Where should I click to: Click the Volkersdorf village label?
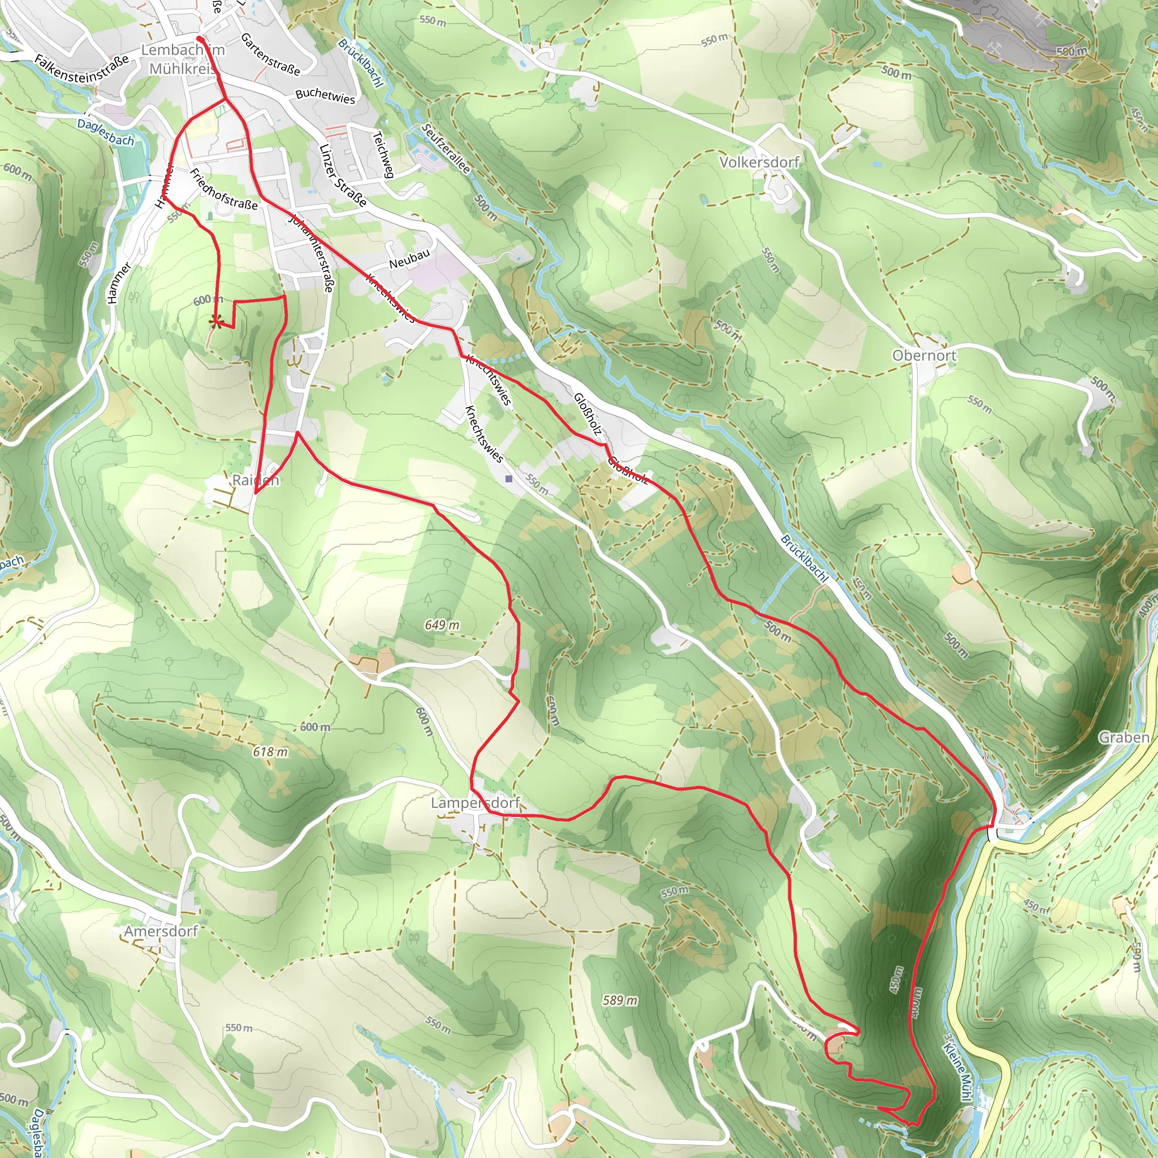pos(759,162)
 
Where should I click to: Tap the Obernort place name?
pos(924,356)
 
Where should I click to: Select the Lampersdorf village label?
pos(476,802)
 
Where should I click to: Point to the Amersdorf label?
pos(161,931)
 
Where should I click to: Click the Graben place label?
pos(1124,737)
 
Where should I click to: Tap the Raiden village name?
pos(256,480)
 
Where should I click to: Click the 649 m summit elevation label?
pos(442,625)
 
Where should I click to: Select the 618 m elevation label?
pos(270,751)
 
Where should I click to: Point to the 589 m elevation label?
pos(620,1000)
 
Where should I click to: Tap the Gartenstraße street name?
pos(270,54)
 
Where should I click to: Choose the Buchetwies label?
pos(325,96)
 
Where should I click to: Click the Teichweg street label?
pos(383,154)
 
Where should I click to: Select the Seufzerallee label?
pos(446,148)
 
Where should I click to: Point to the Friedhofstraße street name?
pos(223,189)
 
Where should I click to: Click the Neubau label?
pos(409,259)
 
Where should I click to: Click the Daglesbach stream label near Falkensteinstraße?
pos(106,132)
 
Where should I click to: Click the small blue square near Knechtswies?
pos(509,479)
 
